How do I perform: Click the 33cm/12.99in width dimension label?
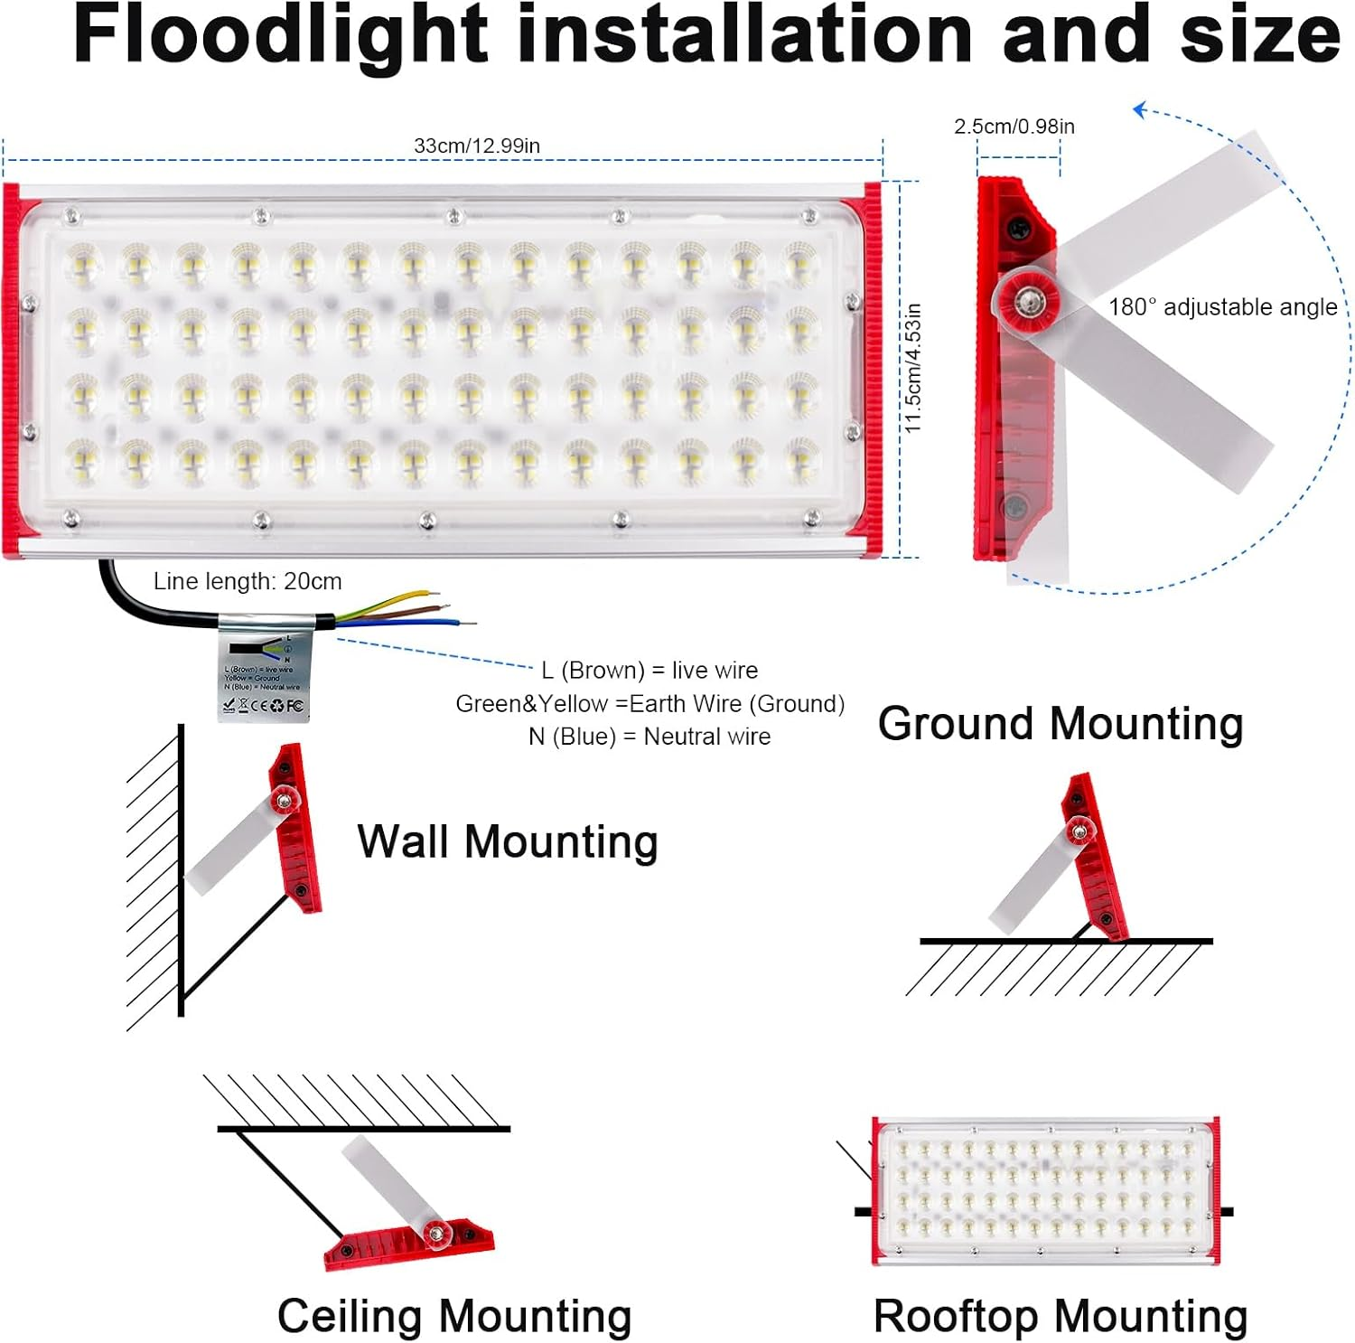[x=477, y=146]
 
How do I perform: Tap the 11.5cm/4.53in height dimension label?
[x=913, y=368]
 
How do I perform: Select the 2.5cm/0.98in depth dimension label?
[x=1014, y=127]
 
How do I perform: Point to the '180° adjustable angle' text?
[x=1222, y=307]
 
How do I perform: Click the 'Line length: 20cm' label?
[x=248, y=581]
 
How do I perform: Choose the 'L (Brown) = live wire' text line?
[x=649, y=671]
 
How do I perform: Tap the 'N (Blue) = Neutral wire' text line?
[x=649, y=737]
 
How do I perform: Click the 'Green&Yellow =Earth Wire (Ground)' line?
[x=649, y=704]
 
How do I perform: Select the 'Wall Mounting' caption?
[x=508, y=841]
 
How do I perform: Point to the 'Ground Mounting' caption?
[x=1061, y=724]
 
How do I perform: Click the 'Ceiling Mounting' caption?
[x=453, y=1316]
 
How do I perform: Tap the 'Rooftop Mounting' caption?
[x=1061, y=1316]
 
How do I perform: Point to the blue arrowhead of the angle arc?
[x=1140, y=110]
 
